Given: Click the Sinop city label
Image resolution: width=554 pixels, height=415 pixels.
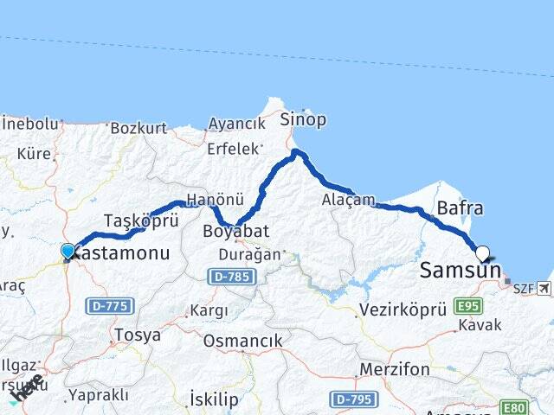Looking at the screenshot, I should [303, 120].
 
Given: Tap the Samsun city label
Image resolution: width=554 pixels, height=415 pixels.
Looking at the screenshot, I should [460, 271].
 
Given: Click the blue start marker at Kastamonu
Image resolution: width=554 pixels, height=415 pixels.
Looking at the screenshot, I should [68, 251].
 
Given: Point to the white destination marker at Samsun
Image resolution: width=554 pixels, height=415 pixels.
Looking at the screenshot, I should [482, 253].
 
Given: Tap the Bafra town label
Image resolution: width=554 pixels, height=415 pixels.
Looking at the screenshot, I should [461, 209].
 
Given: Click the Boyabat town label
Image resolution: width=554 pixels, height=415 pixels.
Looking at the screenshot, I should [236, 232].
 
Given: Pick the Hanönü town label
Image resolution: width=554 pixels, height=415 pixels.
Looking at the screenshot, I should [210, 200].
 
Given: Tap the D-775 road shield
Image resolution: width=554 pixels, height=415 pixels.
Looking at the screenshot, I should [104, 305].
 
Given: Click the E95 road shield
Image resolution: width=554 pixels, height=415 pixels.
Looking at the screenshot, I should [468, 306].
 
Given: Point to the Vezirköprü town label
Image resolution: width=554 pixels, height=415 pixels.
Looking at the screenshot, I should [403, 309].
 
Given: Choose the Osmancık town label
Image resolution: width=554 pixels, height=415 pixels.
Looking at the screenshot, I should [242, 342].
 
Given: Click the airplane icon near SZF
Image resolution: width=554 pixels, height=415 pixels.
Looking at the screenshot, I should [544, 288].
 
